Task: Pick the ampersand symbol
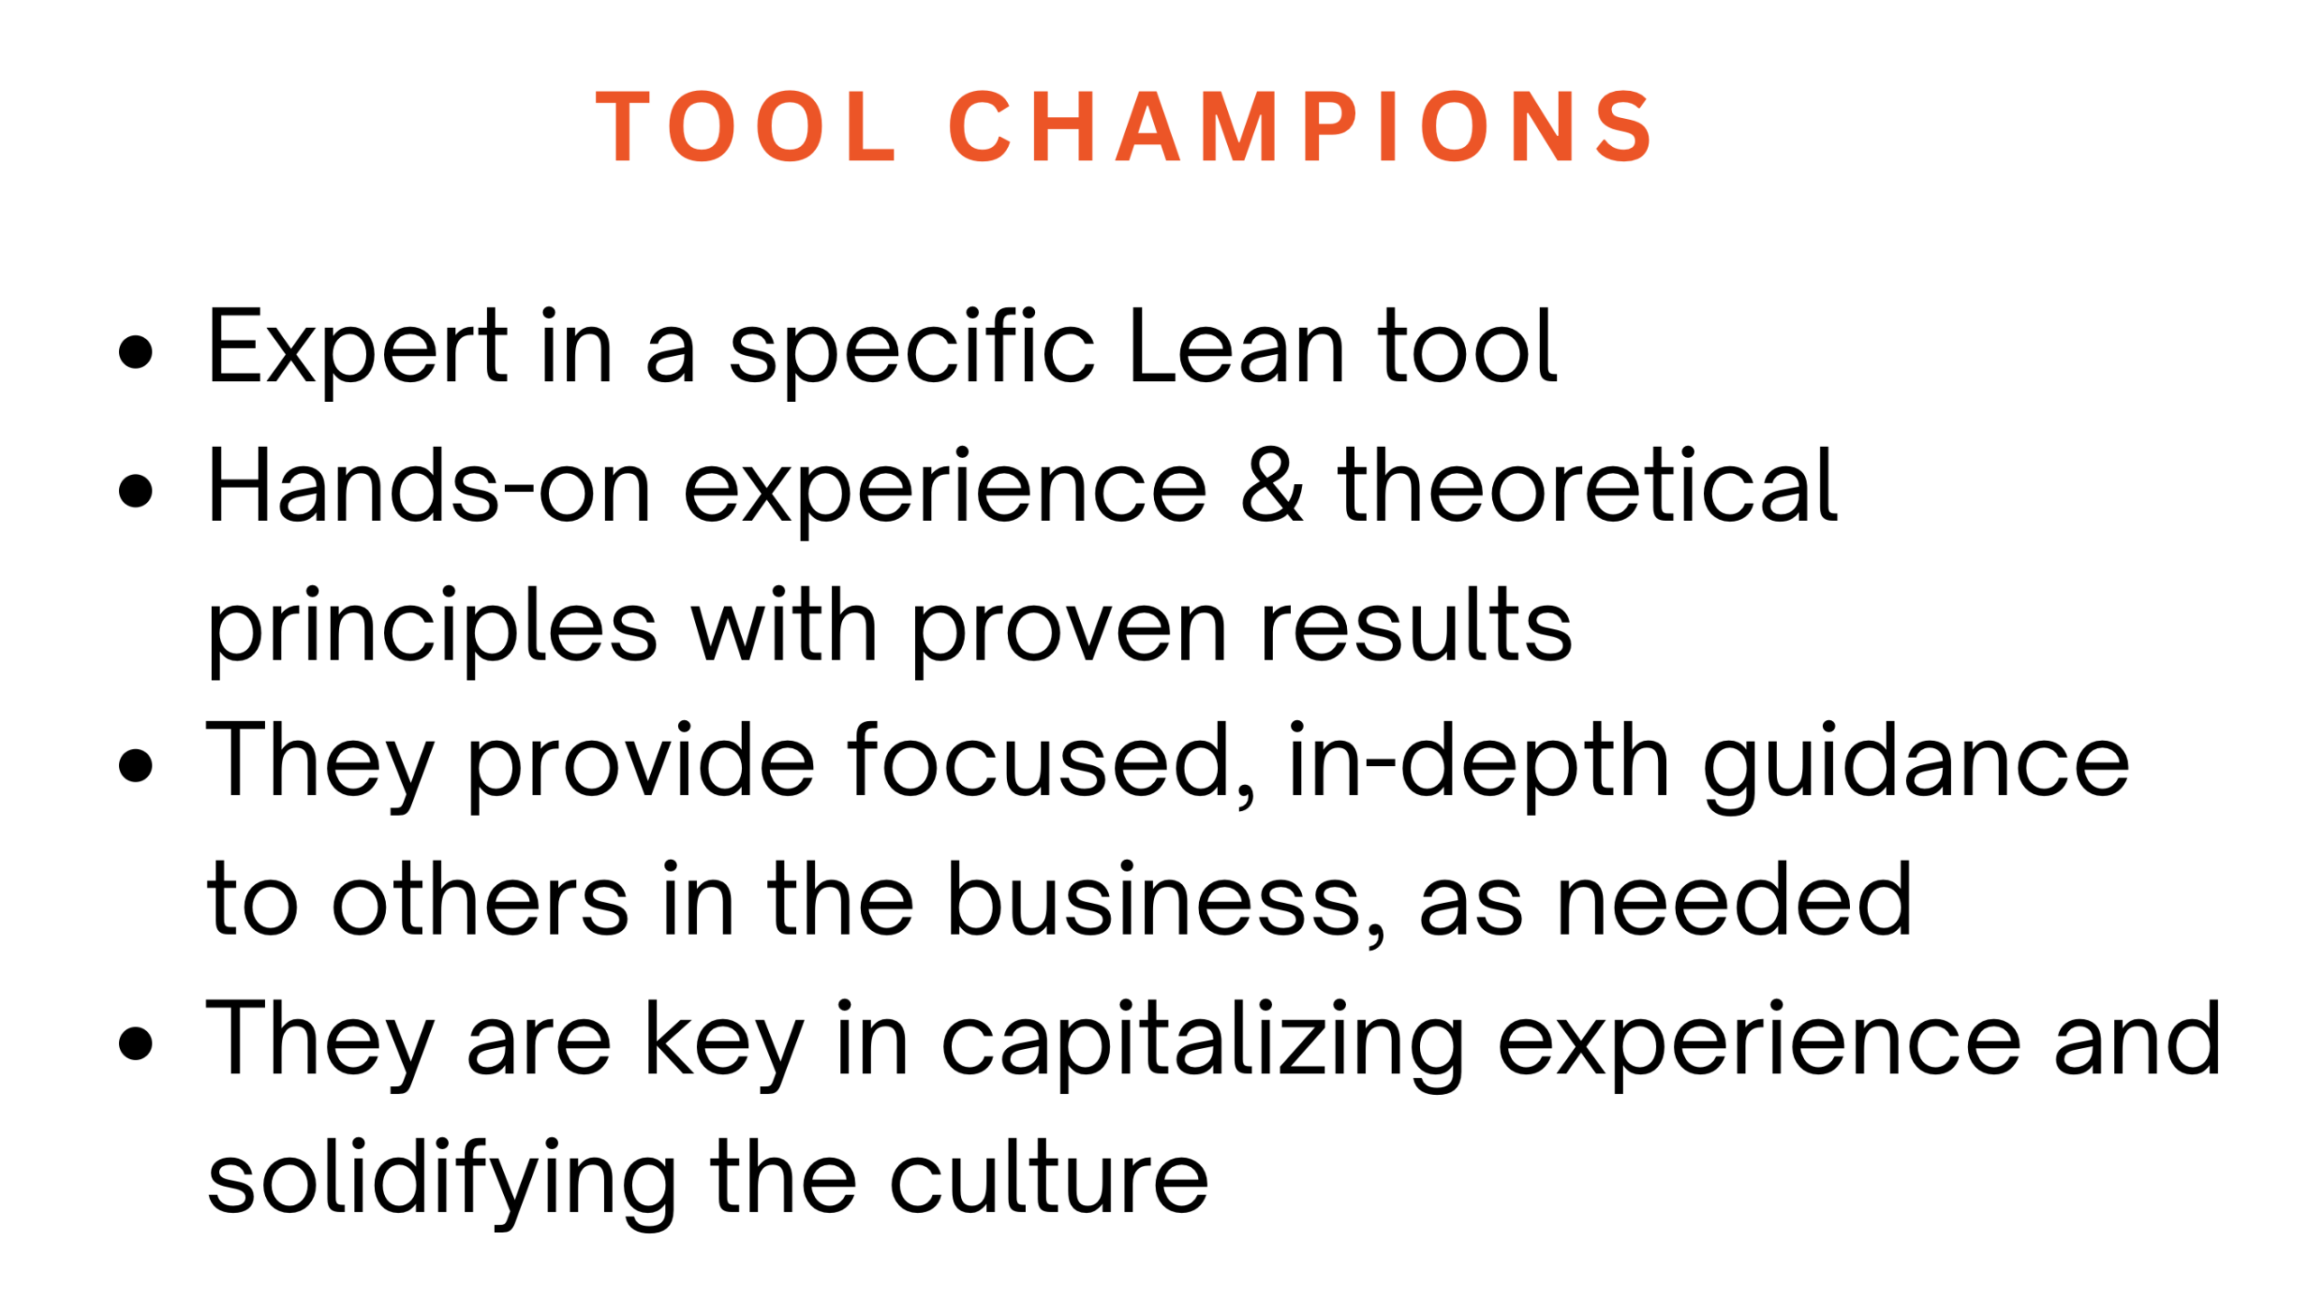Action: (x=1272, y=486)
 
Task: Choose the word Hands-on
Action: (x=430, y=485)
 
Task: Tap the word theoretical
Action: (x=1588, y=485)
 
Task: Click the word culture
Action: (x=1049, y=1175)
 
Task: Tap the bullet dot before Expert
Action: (x=135, y=353)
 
